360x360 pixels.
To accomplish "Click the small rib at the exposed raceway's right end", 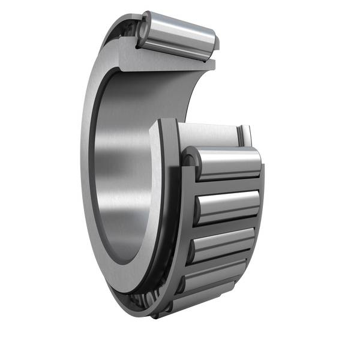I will click(x=245, y=135).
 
